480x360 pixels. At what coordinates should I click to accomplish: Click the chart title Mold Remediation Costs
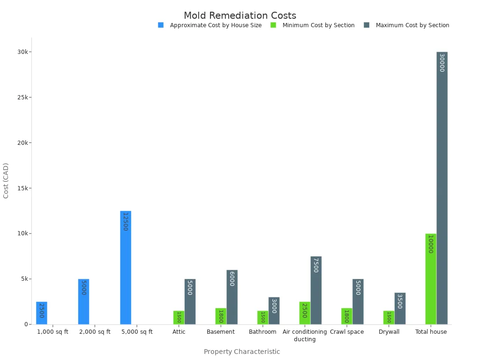240,16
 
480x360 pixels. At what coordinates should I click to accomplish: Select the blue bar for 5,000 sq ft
126,268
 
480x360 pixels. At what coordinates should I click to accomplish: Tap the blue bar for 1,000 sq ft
42,313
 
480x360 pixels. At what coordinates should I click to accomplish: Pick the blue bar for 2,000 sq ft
83,302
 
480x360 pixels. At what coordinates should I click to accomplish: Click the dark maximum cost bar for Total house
442,188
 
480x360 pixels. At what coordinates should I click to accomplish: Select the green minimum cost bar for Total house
431,279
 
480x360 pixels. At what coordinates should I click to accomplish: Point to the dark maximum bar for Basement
232,297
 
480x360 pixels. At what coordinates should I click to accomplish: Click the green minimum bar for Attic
179,317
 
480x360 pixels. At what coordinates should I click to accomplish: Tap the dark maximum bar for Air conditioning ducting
316,290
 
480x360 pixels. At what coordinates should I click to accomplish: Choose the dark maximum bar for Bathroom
274,311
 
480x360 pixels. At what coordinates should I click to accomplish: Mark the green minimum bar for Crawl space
346,316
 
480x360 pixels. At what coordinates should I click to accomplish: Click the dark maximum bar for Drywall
400,308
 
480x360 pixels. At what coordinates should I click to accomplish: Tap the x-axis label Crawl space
347,332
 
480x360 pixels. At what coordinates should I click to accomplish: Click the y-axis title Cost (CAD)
6,180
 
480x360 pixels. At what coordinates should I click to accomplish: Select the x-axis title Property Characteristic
242,352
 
